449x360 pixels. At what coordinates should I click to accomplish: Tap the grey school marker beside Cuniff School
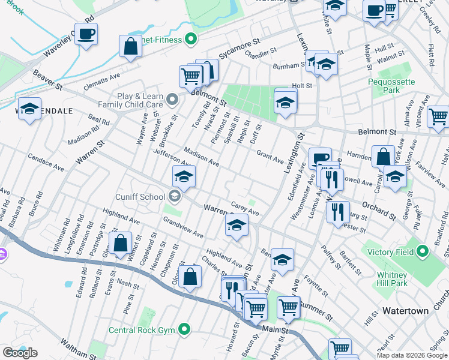(x=175, y=196)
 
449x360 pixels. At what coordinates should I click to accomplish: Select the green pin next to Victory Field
(x=422, y=251)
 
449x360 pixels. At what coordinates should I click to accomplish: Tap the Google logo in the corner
(x=20, y=353)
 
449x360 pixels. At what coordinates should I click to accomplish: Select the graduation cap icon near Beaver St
(x=29, y=109)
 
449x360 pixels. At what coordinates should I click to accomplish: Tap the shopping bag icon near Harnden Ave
(x=383, y=157)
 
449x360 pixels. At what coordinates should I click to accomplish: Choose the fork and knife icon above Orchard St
(x=331, y=178)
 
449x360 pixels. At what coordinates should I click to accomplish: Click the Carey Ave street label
(x=245, y=209)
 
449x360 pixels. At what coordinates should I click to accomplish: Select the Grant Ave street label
(x=270, y=157)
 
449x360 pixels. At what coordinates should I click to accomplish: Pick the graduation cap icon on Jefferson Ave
(x=184, y=176)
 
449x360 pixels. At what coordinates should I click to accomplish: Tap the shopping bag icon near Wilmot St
(x=121, y=243)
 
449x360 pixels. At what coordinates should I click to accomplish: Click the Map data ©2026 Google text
(x=411, y=355)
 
